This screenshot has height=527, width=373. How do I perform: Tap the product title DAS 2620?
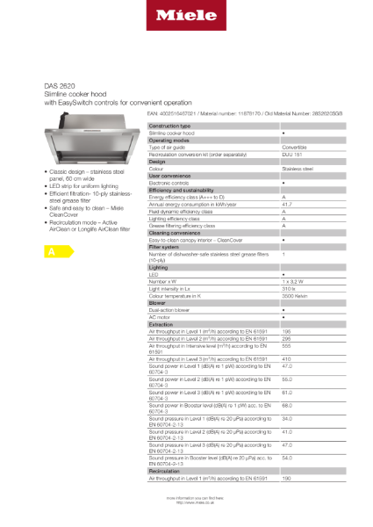[60, 85]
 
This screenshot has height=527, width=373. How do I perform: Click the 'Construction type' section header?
[170, 126]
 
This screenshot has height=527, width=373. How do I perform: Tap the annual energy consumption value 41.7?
[288, 203]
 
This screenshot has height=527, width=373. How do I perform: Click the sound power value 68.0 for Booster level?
[287, 404]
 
